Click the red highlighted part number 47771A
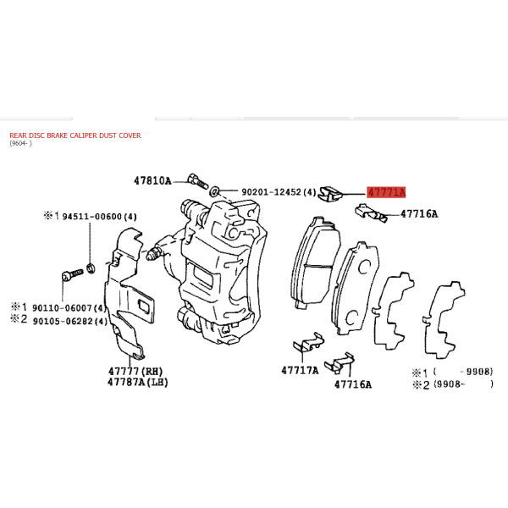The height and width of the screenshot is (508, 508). click(x=386, y=192)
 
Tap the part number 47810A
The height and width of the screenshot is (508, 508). click(x=152, y=181)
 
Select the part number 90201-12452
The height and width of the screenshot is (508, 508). click(x=271, y=192)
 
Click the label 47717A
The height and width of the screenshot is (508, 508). click(x=300, y=370)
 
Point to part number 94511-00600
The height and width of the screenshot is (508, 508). click(x=92, y=216)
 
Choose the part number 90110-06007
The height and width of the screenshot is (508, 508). click(x=62, y=307)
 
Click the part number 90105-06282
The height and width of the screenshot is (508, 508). click(x=63, y=321)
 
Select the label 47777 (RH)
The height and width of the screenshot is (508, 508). click(x=135, y=371)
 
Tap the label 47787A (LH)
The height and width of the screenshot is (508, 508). click(x=138, y=383)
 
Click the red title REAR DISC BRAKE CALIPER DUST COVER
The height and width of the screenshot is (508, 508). click(x=75, y=135)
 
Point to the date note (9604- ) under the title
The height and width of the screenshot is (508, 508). click(x=20, y=143)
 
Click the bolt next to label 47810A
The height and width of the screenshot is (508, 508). click(x=196, y=181)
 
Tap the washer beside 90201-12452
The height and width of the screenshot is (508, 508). click(x=214, y=191)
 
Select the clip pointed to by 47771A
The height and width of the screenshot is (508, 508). click(x=330, y=194)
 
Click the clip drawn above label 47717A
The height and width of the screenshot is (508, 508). click(x=308, y=342)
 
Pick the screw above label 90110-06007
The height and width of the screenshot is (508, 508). click(x=72, y=274)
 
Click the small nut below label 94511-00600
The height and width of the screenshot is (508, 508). click(x=91, y=268)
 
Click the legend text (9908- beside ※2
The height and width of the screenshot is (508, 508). click(x=447, y=384)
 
